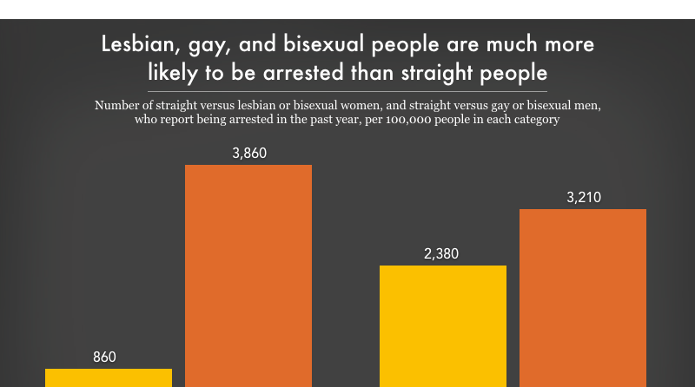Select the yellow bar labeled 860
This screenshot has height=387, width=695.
click(x=109, y=377)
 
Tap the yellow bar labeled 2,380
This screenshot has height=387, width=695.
click(x=443, y=325)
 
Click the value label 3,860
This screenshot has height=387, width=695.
click(x=248, y=154)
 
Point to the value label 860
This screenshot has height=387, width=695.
click(x=104, y=357)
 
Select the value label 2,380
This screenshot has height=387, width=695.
click(x=441, y=254)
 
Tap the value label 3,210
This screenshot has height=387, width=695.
click(x=583, y=197)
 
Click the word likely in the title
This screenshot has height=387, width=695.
click(x=173, y=70)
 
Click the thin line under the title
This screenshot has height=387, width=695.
click(x=347, y=90)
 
